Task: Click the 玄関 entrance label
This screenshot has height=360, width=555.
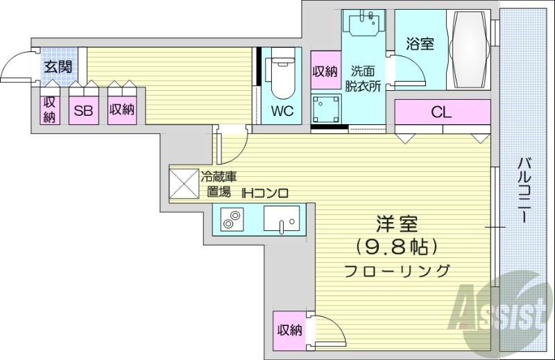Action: click(x=56, y=67)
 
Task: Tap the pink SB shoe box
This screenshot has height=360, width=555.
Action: click(x=83, y=110)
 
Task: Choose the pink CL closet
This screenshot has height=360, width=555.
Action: click(x=442, y=112)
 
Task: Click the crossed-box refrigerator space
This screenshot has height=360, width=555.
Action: click(x=185, y=182)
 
